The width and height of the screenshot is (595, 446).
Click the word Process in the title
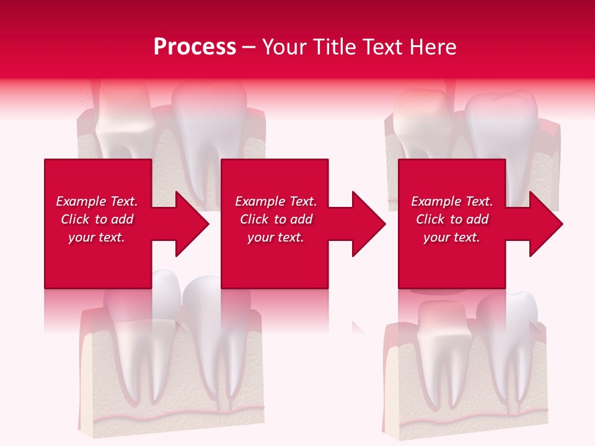pos(195,47)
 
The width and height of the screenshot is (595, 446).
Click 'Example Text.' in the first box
pos(97,201)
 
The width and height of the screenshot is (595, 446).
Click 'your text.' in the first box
pos(97,237)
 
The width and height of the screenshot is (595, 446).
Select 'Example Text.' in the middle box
pos(276,201)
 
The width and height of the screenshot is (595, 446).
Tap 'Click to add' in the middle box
pos(276,219)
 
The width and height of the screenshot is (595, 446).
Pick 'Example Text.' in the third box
pos(452,201)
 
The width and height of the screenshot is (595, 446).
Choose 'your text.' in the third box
pos(452,237)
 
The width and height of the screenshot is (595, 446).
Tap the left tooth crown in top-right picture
pos(421,115)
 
